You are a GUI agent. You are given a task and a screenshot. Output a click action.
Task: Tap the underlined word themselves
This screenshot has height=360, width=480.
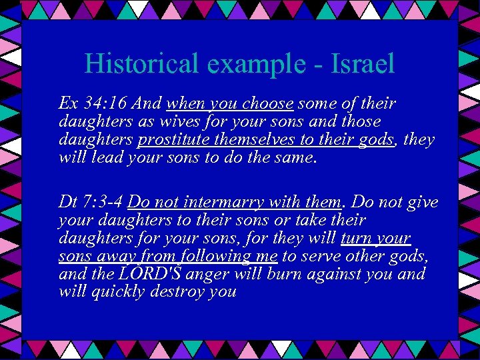pos(257,139)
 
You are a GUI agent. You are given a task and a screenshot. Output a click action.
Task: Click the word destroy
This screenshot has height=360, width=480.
pos(175,292)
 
